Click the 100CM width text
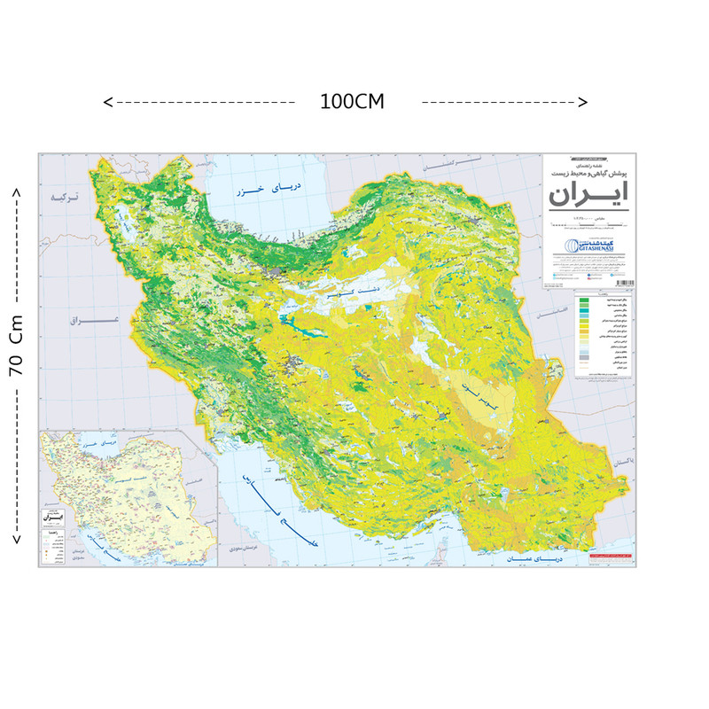[353, 101]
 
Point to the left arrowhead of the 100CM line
[108, 102]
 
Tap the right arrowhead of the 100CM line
[583, 102]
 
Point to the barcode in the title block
[624, 283]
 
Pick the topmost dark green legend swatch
[584, 302]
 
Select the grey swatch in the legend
[584, 358]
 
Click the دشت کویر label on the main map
[352, 290]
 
